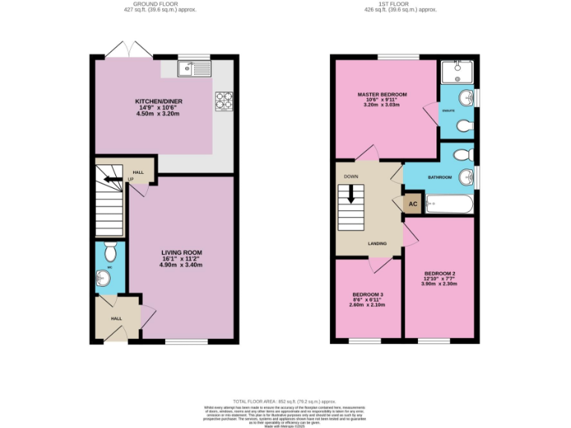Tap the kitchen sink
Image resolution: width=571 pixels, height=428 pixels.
point(195,70)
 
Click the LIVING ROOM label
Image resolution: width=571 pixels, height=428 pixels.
point(182,253)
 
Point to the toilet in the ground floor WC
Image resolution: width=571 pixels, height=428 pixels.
point(110,247)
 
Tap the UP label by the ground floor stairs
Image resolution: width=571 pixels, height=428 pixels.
point(132,179)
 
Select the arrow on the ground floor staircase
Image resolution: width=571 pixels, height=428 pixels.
point(111,179)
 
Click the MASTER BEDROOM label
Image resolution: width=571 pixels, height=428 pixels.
point(382,95)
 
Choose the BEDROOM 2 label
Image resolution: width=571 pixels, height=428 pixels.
point(439,273)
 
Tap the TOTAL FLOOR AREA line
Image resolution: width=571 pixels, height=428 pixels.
point(285,401)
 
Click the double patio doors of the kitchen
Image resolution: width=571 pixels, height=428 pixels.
point(129,50)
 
